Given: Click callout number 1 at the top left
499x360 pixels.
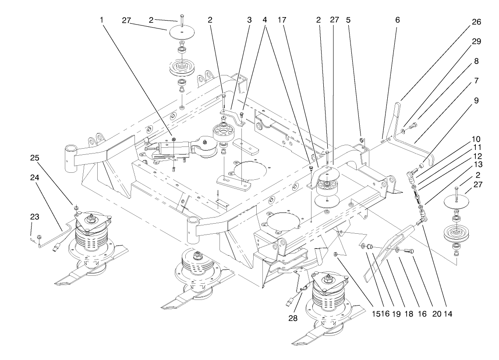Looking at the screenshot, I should click(x=102, y=20).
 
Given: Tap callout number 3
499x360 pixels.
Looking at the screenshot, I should click(x=249, y=20).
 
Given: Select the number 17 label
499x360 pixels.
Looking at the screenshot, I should click(x=282, y=20).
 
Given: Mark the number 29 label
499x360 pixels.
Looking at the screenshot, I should click(x=476, y=42).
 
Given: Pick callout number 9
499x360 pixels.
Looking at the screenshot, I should click(x=476, y=100).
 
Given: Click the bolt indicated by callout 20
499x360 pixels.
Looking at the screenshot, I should click(x=408, y=251).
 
